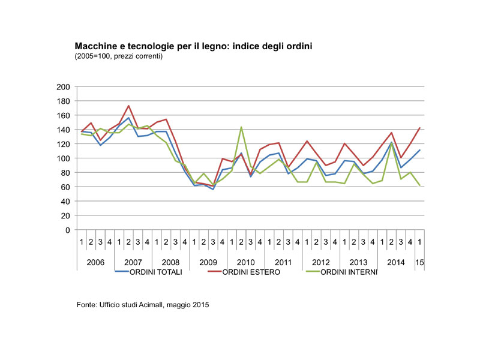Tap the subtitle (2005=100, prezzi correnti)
coord(119,56)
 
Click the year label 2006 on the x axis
coord(96,262)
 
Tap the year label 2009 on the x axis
coord(208,262)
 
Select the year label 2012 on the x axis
coord(320,262)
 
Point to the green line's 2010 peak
coord(241,127)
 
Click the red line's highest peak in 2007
coord(128,106)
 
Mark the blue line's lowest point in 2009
coord(212,189)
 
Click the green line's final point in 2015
coord(419,185)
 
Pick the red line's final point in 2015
coord(419,128)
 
